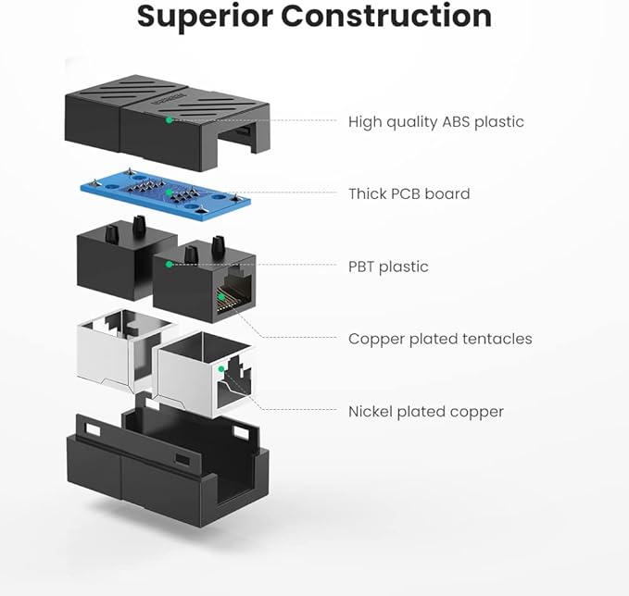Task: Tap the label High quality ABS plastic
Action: [x=435, y=121]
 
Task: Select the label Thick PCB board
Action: [x=409, y=193]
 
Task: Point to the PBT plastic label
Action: [x=388, y=267]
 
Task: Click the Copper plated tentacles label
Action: [x=440, y=339]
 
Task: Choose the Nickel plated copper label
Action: [x=425, y=411]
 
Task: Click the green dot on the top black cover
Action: [x=169, y=119]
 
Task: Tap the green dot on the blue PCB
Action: [x=170, y=192]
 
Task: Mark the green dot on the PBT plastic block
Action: [x=170, y=265]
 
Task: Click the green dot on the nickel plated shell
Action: [x=221, y=368]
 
